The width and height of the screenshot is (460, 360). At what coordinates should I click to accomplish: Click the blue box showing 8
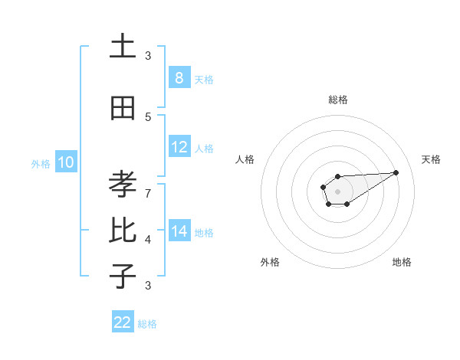click(179, 77)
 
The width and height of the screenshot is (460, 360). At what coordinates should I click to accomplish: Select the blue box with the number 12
click(179, 147)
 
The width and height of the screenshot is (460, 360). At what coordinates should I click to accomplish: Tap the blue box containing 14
click(179, 231)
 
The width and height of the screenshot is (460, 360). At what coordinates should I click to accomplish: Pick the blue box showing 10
click(65, 162)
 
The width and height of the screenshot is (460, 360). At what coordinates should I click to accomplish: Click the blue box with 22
click(123, 322)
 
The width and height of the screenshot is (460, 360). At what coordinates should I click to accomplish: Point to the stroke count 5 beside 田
click(148, 117)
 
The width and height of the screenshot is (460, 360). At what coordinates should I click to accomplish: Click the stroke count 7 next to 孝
click(148, 193)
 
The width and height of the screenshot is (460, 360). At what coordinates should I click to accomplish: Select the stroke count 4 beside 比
click(148, 240)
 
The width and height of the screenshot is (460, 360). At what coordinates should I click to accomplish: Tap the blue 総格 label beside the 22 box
click(147, 324)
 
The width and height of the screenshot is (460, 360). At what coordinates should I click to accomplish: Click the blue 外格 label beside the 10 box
click(41, 163)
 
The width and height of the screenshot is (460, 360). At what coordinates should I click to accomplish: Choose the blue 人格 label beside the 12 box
click(204, 149)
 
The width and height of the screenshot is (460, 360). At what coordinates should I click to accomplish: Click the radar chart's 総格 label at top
click(337, 100)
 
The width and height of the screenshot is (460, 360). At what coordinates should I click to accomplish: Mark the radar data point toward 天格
click(396, 172)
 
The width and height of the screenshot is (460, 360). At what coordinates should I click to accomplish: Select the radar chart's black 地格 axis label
click(402, 262)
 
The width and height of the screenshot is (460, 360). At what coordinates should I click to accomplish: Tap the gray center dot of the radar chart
click(337, 191)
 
